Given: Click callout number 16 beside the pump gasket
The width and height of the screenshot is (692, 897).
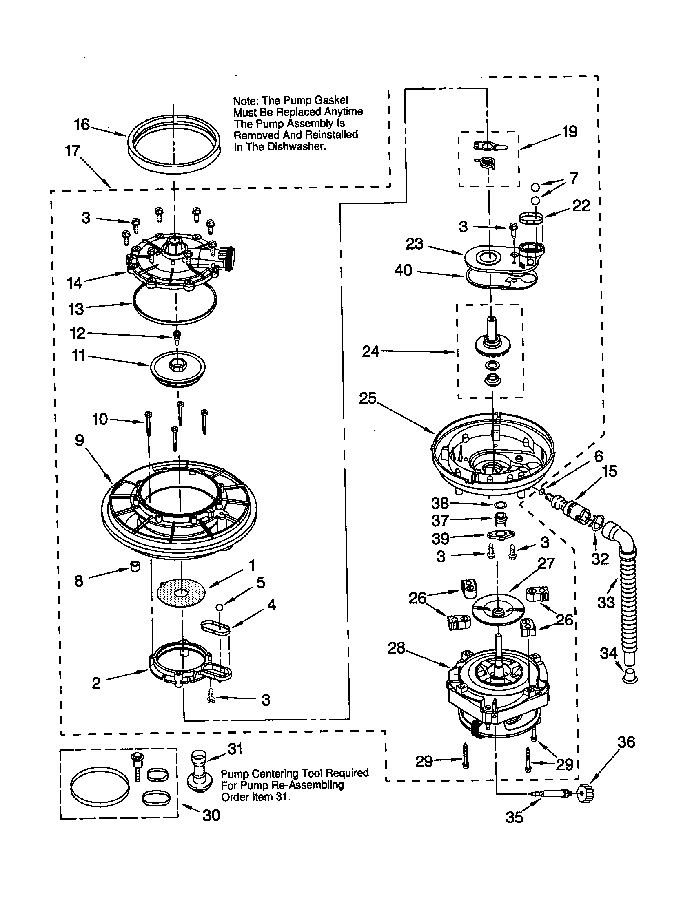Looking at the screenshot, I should pos(81,124).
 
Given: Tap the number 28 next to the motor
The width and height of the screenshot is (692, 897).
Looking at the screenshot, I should pos(396,649).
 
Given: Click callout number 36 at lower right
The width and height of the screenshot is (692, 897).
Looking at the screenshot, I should pos(626,742).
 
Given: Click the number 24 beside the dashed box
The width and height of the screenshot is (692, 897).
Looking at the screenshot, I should pos(370,351).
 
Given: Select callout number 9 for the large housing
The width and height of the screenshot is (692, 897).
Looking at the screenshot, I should pos(79,440).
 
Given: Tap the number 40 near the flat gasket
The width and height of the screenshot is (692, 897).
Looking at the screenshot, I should pos(403,270).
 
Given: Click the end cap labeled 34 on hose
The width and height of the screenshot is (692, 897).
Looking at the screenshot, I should pos(630,676).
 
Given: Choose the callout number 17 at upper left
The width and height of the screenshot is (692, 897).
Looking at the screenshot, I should pos(72,151).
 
